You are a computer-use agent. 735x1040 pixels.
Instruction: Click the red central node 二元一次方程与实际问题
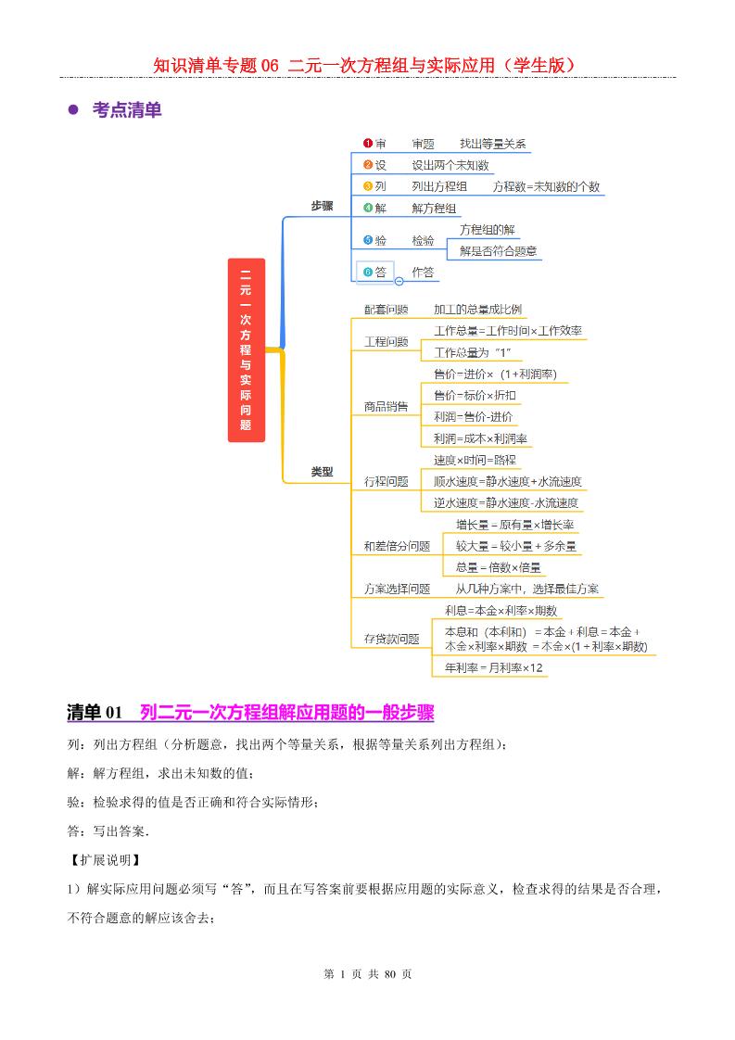pyautogui.click(x=246, y=349)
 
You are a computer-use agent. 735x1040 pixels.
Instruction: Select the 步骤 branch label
pyautogui.click(x=322, y=206)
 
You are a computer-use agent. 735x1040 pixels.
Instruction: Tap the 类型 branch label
pyautogui.click(x=322, y=472)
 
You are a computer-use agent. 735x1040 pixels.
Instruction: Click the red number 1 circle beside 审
pyautogui.click(x=368, y=144)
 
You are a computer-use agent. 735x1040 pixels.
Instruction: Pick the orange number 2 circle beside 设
pyautogui.click(x=368, y=165)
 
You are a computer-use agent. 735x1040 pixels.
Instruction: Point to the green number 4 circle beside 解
pyautogui.click(x=368, y=208)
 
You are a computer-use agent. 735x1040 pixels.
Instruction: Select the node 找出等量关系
pyautogui.click(x=493, y=144)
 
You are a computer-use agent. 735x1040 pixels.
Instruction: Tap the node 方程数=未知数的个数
pyautogui.click(x=546, y=186)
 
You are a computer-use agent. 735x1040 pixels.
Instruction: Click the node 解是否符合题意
pyautogui.click(x=499, y=250)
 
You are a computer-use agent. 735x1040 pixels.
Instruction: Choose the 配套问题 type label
pyautogui.click(x=386, y=310)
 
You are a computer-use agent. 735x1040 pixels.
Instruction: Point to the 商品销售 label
pyautogui.click(x=386, y=406)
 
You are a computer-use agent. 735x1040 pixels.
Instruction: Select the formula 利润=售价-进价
pyautogui.click(x=473, y=417)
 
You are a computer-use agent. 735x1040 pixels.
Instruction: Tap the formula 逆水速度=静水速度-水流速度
pyautogui.click(x=507, y=503)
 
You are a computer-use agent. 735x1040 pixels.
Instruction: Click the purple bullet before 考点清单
pyautogui.click(x=73, y=110)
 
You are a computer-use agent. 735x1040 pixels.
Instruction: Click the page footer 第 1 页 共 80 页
pyautogui.click(x=367, y=974)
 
